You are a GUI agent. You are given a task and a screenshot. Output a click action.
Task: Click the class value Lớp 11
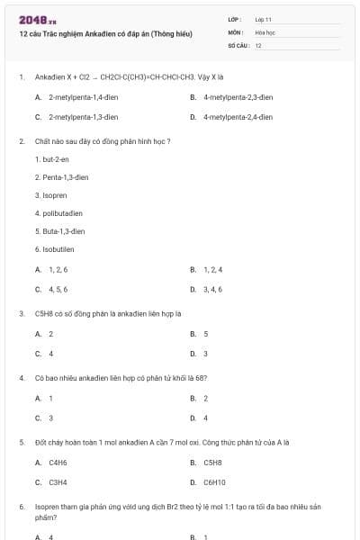pos(263,18)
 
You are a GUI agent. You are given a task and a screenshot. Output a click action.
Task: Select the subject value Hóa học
pos(265,31)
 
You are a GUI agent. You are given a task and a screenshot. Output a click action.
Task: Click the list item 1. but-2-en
pos(52,159)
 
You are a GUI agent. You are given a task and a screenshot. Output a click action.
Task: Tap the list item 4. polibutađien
pos(58,213)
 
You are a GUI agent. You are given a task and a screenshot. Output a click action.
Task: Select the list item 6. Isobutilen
pos(54,249)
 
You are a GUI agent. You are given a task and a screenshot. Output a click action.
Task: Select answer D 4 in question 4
pos(205,418)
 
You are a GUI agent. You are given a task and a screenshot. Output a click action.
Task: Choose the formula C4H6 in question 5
pos(58,462)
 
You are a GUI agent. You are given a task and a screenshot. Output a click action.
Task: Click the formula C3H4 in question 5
pos(58,481)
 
